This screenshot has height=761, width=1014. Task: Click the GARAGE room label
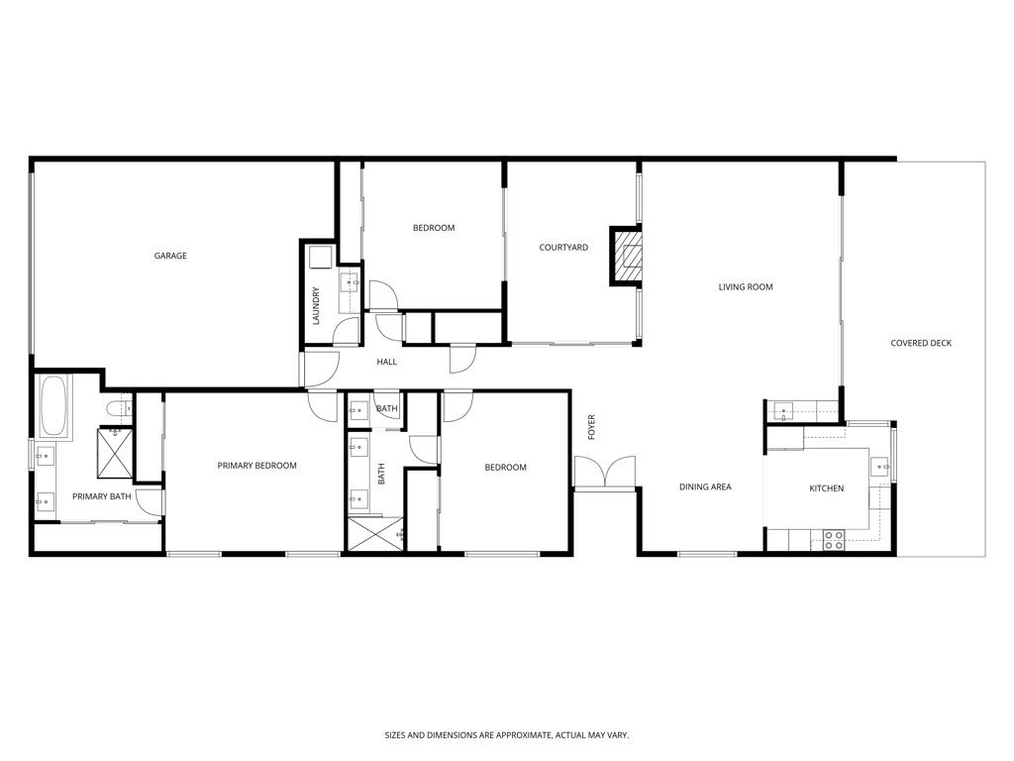tap(170, 256)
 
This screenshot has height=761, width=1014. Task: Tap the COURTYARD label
tap(563, 248)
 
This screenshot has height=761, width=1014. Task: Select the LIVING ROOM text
tap(745, 287)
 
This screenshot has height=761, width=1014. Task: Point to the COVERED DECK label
tap(920, 344)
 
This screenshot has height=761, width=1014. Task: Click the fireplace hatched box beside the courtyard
tap(627, 256)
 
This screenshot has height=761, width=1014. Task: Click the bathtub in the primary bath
tap(53, 406)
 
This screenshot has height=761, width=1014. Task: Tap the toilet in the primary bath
tap(117, 408)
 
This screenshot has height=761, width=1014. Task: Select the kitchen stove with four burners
tap(834, 539)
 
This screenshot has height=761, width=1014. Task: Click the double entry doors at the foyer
tap(604, 473)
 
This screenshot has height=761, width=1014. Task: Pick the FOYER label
tap(592, 427)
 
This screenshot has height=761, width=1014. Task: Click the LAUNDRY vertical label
tap(316, 306)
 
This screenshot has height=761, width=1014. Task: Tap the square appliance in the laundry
tap(320, 258)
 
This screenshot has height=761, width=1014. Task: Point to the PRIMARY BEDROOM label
tap(256, 466)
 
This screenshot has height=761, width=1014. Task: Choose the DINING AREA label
tap(705, 488)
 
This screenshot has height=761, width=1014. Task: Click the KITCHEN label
tap(826, 489)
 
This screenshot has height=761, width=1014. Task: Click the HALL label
tap(386, 362)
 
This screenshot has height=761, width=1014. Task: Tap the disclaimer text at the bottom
tap(506, 735)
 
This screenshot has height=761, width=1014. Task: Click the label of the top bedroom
tap(434, 228)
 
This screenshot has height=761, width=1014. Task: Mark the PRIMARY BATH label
tap(101, 496)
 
